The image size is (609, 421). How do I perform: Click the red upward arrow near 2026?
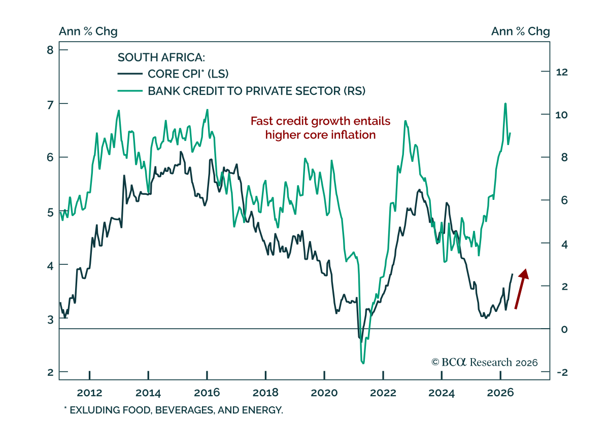point(522,289)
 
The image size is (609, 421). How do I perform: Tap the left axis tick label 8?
point(50,50)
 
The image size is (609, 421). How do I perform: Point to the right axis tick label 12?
point(562,72)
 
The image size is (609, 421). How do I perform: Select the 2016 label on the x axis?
point(207,393)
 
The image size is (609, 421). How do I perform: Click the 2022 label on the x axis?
point(383,393)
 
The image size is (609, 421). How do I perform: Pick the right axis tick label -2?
point(562,372)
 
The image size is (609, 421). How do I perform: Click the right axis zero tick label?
point(564,329)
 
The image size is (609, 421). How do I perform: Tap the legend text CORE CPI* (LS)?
point(188,74)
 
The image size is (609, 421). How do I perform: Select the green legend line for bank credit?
point(130,91)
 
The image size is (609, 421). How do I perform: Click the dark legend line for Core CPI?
point(130,74)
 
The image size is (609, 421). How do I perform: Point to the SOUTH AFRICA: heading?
point(161,57)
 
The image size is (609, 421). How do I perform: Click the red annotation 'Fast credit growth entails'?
point(320,121)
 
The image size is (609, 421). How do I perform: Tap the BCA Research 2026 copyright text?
point(485,362)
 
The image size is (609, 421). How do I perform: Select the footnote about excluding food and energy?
point(174,410)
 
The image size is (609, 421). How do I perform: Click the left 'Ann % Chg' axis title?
point(88,31)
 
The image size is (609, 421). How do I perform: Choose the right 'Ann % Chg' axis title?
point(520,31)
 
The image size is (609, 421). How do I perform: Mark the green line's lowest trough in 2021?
point(363,363)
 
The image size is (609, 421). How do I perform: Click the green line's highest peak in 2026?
point(505,103)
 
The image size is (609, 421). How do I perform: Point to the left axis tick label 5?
point(50,212)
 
